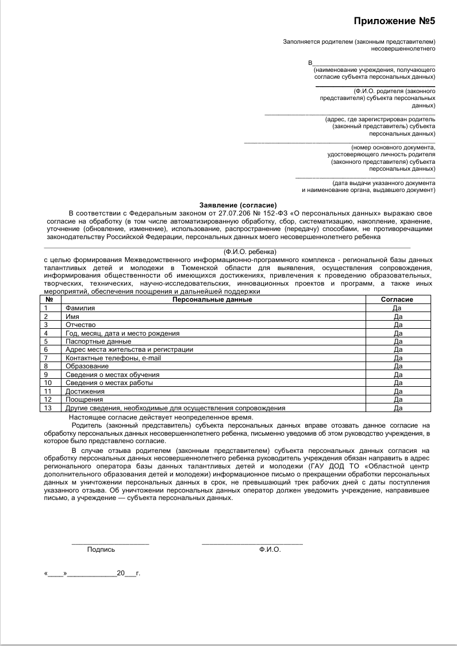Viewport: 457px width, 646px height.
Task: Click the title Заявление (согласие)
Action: point(238,205)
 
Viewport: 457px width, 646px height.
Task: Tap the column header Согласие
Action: point(397,299)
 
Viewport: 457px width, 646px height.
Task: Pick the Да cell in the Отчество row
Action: point(397,325)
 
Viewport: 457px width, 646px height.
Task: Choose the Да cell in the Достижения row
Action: point(397,391)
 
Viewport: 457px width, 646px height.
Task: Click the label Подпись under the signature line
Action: point(101,549)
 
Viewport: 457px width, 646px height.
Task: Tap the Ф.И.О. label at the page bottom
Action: point(270,549)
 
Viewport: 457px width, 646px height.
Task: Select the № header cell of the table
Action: point(49,299)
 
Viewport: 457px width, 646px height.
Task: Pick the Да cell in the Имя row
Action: point(397,317)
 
